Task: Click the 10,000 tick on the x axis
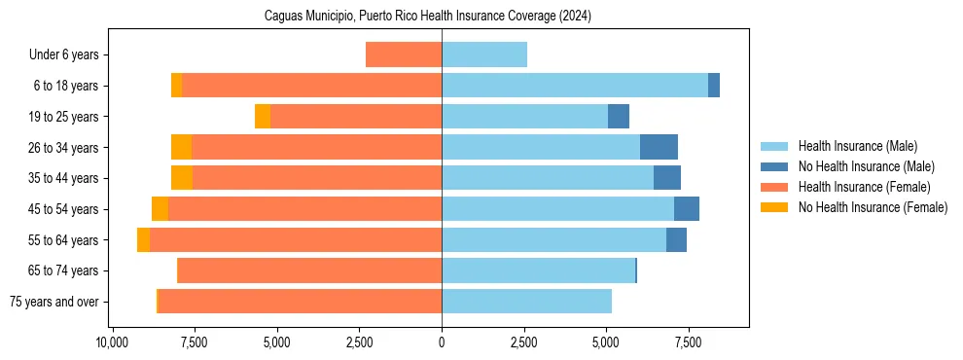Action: tap(113, 342)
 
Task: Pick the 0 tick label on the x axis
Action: tap(442, 342)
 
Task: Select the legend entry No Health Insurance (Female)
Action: tap(873, 207)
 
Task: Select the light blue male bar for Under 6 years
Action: tap(484, 55)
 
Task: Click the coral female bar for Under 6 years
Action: tap(404, 55)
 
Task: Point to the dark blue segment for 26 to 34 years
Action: tap(659, 148)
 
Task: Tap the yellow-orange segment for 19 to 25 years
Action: tap(263, 117)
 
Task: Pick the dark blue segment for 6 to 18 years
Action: tap(714, 86)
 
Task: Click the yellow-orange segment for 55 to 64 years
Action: tap(144, 240)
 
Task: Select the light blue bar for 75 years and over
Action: tap(526, 302)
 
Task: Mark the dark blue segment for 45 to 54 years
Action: tap(687, 209)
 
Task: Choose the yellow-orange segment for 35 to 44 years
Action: tap(182, 178)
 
